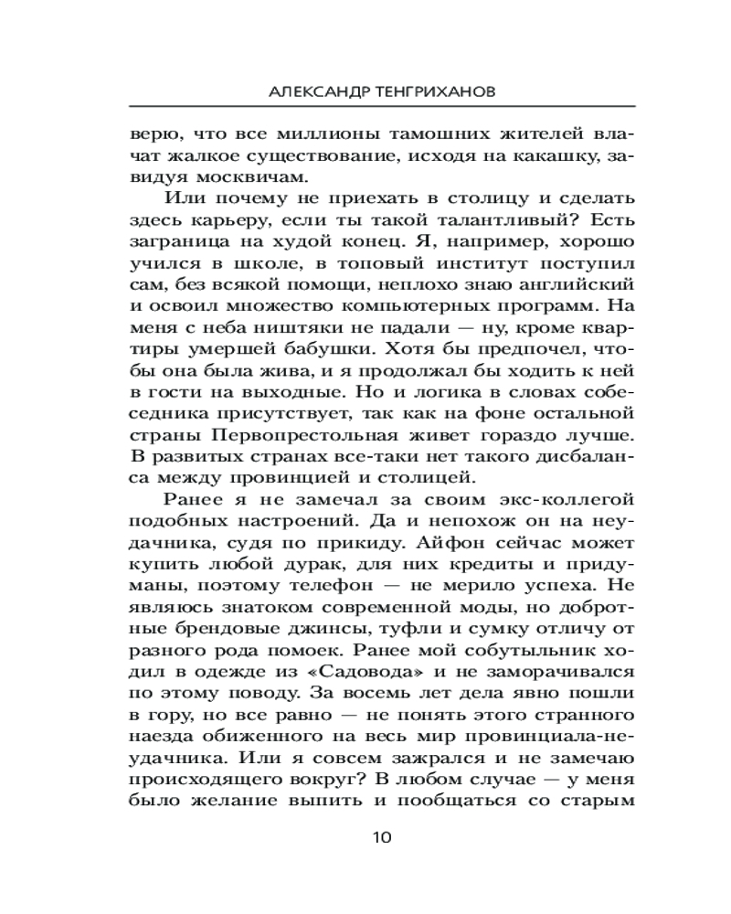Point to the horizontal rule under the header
click(x=384, y=107)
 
